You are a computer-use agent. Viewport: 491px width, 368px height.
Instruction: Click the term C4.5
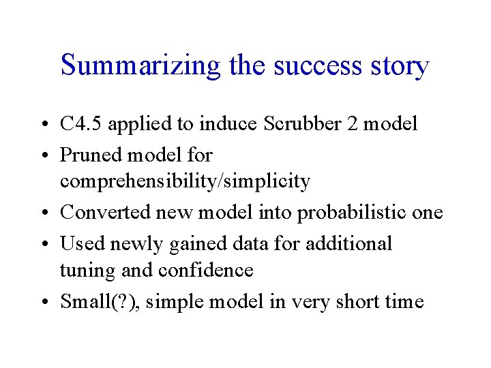pos(81,125)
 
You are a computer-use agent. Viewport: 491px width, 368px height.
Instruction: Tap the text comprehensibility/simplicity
pos(185,182)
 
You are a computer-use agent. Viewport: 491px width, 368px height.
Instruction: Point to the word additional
pos(347,243)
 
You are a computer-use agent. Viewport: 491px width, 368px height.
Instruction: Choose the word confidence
pos(205,271)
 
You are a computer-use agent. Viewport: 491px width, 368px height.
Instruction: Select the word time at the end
pos(406,301)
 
